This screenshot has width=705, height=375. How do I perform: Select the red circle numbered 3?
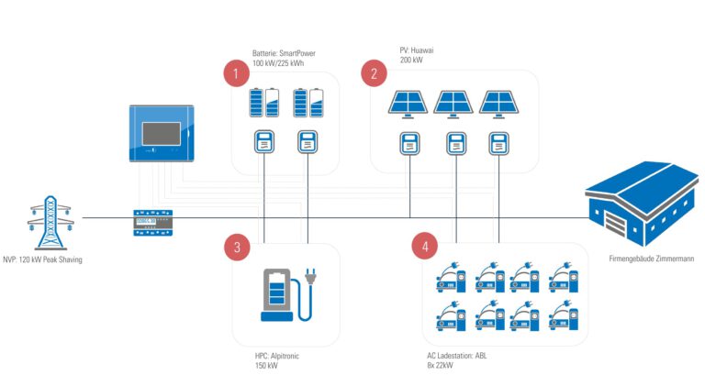[x=237, y=246]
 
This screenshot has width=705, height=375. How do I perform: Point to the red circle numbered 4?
[x=425, y=246]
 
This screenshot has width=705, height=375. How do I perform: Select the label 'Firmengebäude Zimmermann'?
[x=651, y=259]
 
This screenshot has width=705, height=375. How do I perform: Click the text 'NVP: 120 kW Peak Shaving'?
[x=42, y=259]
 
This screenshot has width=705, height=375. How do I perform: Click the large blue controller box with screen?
[x=161, y=134]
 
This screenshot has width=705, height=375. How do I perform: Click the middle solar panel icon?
[x=453, y=104]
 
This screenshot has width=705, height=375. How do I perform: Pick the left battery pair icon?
[x=264, y=103]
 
